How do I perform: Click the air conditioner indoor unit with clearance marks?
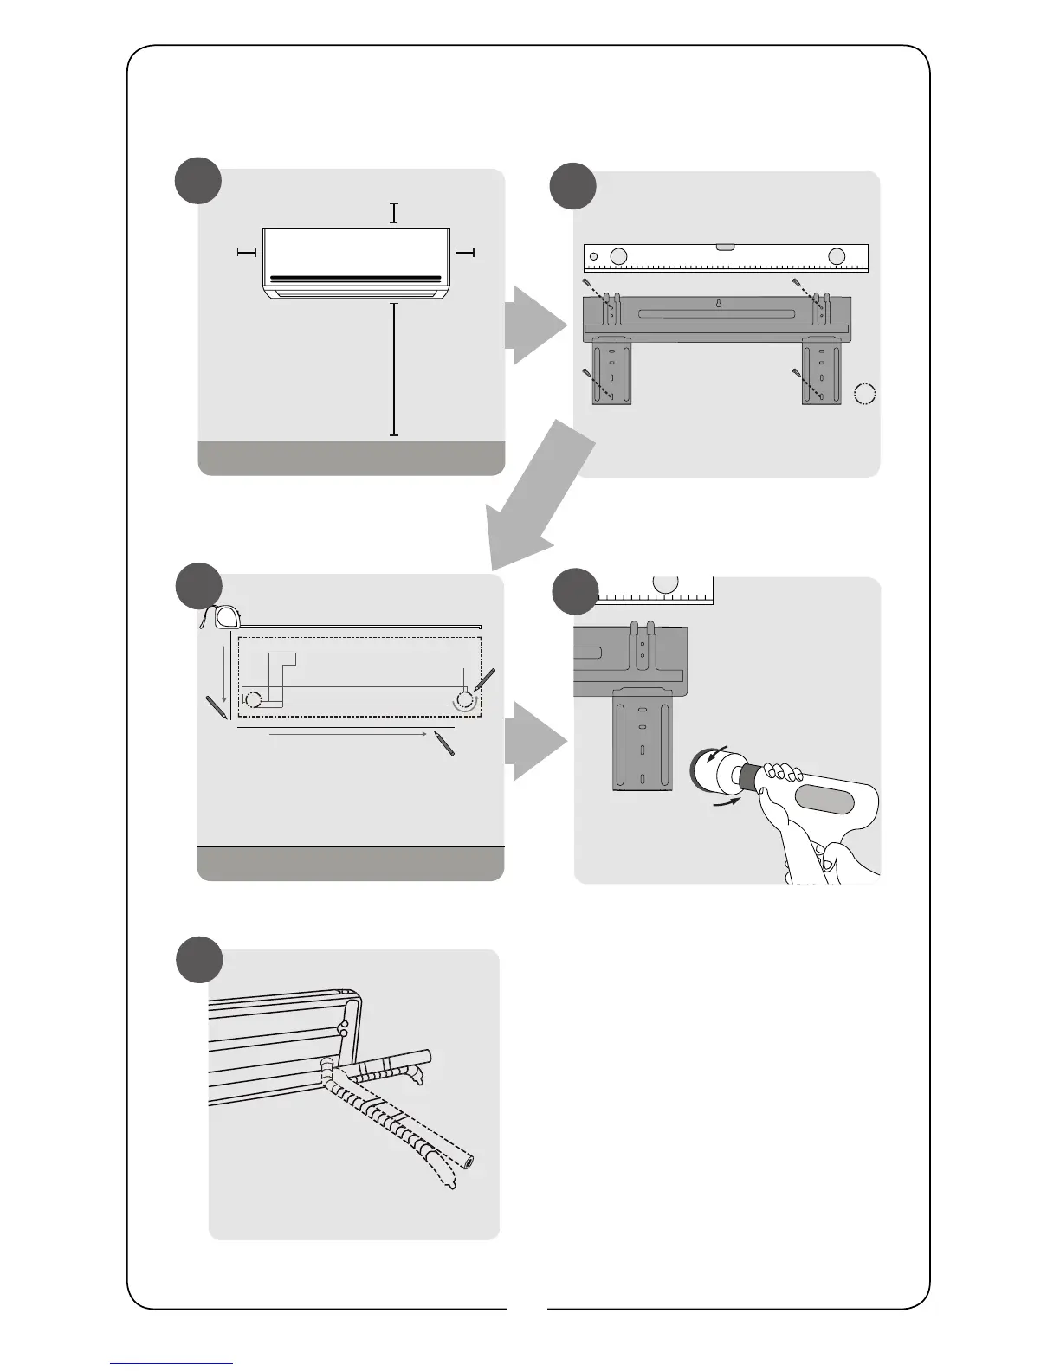[356, 262]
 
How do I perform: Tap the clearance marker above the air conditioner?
[394, 213]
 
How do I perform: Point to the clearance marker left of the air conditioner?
[247, 252]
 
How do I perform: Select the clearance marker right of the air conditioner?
[465, 252]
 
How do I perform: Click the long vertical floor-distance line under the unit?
[394, 369]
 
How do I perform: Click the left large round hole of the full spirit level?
[617, 256]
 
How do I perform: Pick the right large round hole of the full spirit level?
[836, 256]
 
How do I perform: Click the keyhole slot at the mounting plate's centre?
[718, 304]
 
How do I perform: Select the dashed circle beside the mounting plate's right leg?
[864, 395]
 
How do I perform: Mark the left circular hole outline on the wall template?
[253, 699]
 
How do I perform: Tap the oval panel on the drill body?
[825, 800]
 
